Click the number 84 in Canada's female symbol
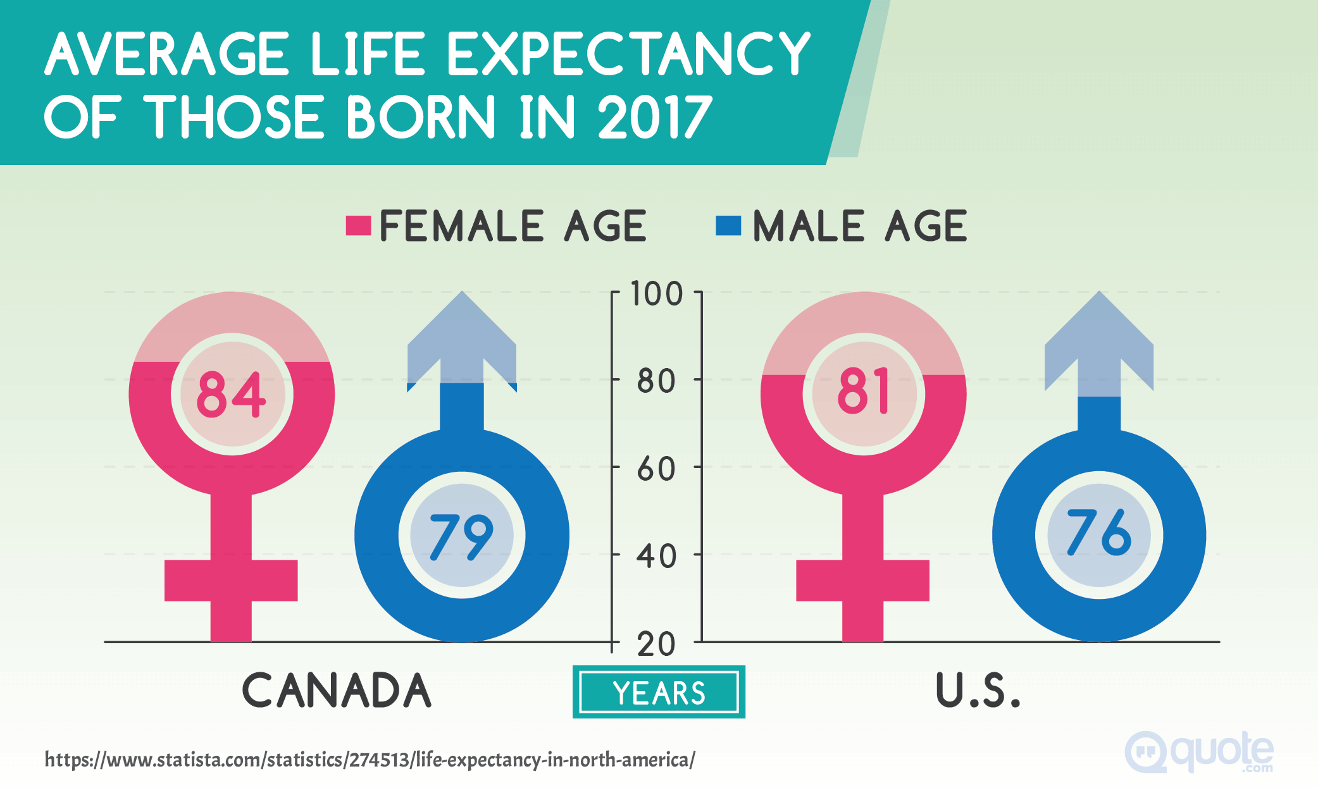[x=232, y=395]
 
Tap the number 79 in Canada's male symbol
[x=461, y=536]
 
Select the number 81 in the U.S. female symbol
[x=864, y=392]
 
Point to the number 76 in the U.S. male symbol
[x=1099, y=533]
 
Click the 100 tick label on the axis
[x=657, y=295]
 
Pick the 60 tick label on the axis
[x=656, y=470]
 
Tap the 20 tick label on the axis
[x=656, y=645]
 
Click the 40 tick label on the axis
[x=656, y=557]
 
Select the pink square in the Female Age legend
[x=358, y=226]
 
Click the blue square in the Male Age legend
[x=728, y=226]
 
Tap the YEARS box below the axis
[x=659, y=693]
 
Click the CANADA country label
[x=337, y=690]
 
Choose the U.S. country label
[x=978, y=690]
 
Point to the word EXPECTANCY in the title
[x=629, y=54]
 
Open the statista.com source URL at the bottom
[x=370, y=760]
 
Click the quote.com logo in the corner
[x=1199, y=752]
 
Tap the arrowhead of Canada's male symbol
[x=462, y=329]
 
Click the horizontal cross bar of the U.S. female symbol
[x=862, y=580]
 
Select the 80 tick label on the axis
[x=656, y=382]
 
